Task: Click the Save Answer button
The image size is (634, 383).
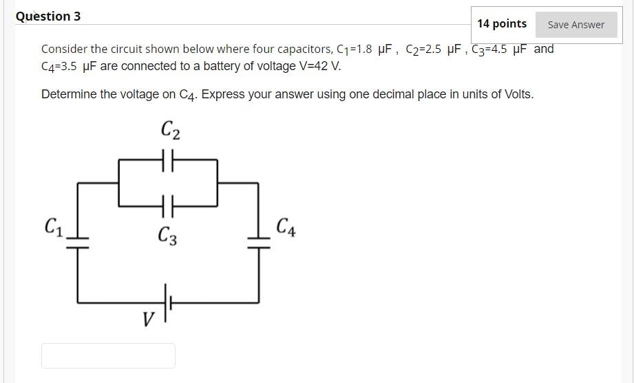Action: pyautogui.click(x=575, y=25)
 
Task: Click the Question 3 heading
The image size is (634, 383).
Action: pyautogui.click(x=48, y=16)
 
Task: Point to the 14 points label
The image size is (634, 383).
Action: pyautogui.click(x=501, y=24)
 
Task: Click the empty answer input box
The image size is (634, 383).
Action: pyautogui.click(x=108, y=355)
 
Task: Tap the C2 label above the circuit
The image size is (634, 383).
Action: pyautogui.click(x=170, y=129)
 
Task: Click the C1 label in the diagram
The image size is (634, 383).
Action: pyautogui.click(x=54, y=226)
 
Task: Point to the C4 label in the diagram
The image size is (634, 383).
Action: pyautogui.click(x=286, y=227)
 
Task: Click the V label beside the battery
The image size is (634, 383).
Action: pyautogui.click(x=147, y=319)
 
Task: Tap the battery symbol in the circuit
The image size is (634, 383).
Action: pyautogui.click(x=168, y=302)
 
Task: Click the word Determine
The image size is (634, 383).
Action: pyautogui.click(x=69, y=94)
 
